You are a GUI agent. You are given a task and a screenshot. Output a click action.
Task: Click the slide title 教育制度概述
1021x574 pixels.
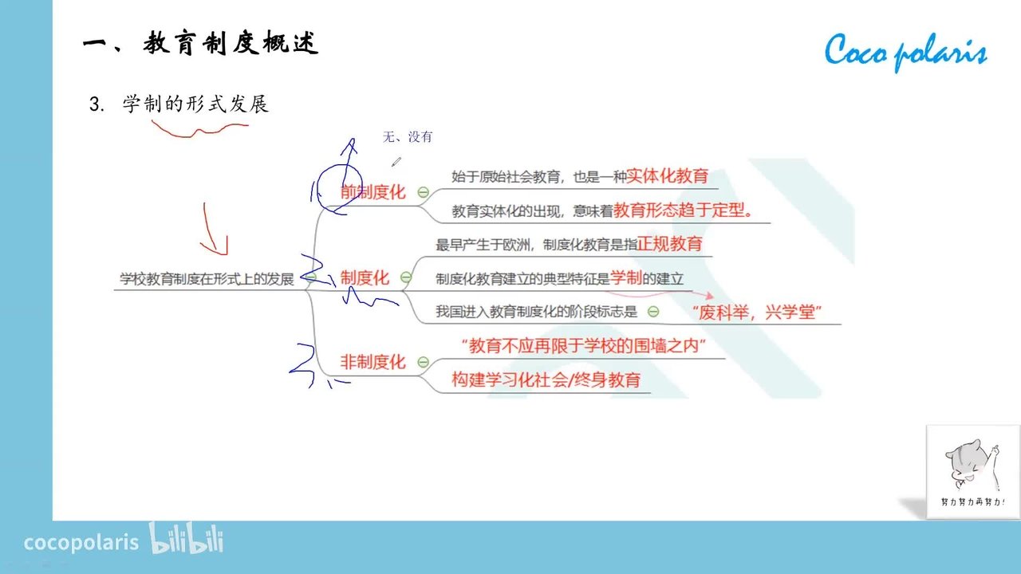231,44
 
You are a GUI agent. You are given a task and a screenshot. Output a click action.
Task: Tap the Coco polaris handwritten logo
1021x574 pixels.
905,51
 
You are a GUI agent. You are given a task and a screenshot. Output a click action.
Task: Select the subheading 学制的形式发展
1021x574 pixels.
195,104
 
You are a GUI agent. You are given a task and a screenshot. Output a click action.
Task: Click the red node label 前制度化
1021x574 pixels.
373,192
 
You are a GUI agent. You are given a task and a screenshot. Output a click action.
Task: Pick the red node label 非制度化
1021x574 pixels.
373,362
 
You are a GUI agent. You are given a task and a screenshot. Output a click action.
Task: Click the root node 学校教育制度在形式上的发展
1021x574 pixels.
207,279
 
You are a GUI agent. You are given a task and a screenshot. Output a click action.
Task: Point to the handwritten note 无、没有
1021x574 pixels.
408,136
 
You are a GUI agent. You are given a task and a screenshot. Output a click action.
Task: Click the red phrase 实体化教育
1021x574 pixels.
668,176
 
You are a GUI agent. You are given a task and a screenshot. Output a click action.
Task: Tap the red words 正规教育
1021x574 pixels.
669,244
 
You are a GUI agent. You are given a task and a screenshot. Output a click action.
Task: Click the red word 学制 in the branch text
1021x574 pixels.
626,277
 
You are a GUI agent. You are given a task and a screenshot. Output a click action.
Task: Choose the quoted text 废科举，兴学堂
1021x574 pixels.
757,313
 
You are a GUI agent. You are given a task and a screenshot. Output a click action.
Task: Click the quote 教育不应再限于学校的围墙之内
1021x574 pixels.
584,346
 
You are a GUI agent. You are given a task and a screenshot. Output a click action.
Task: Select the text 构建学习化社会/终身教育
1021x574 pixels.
546,379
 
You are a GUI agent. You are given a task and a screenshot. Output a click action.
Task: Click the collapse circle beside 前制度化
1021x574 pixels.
423,192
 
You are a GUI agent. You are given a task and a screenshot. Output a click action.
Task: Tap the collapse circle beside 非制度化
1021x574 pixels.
423,362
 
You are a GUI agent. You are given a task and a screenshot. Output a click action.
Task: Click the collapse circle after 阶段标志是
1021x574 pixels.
653,312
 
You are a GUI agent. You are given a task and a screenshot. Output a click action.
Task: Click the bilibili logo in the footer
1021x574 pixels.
187,538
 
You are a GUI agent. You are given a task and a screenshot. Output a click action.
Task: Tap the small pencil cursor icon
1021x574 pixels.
396,162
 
